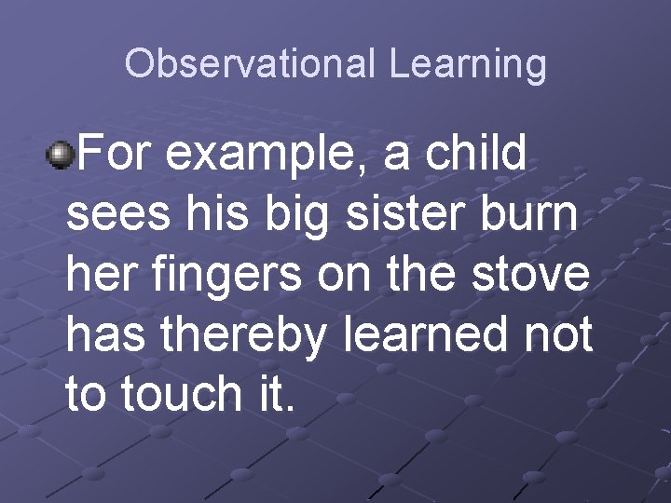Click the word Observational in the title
coord(251,64)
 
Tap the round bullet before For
coord(62,154)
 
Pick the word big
coord(303,215)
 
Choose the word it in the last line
coord(272,395)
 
